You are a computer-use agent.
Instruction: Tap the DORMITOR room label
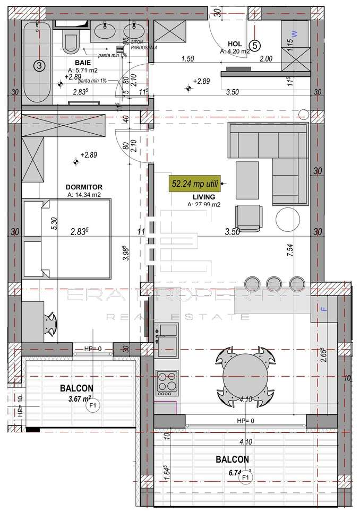(83, 187)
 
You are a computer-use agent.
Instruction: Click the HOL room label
(235, 44)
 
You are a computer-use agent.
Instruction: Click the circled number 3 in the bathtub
(38, 65)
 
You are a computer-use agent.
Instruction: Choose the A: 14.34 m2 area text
(84, 195)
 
